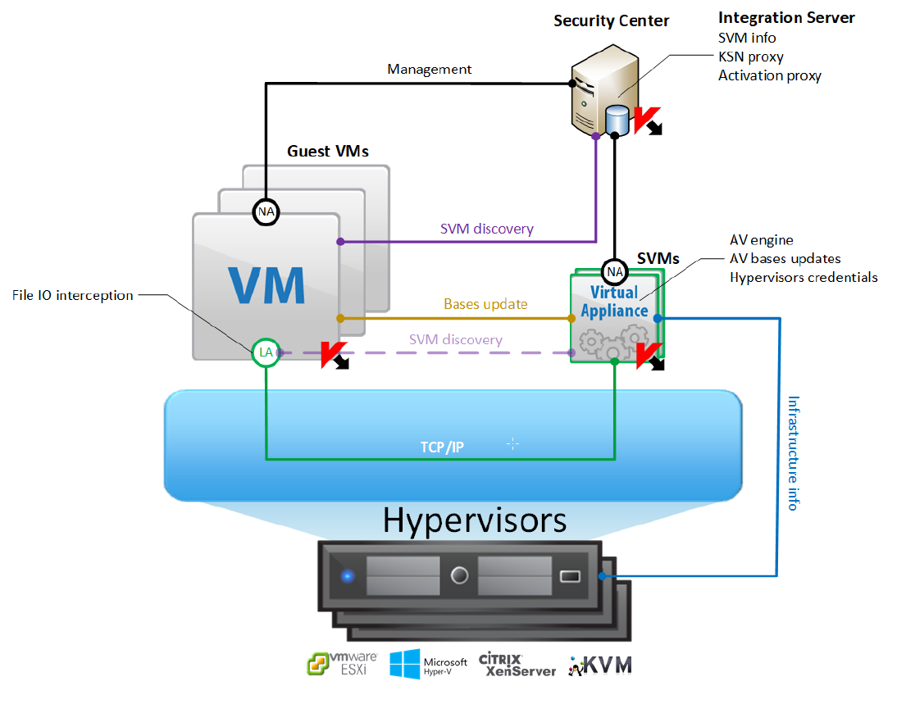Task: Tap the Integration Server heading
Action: point(786,17)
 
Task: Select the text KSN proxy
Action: point(750,57)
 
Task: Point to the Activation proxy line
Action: point(769,75)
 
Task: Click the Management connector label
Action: point(429,70)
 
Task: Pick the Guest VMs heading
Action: point(328,152)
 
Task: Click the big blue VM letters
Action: point(266,284)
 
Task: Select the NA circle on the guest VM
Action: point(266,212)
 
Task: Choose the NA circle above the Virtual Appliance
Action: point(614,270)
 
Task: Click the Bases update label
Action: point(485,305)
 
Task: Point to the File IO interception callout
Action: point(73,295)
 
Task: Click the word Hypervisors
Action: point(474,520)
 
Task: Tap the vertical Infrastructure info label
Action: point(793,452)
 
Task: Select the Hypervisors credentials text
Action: point(804,277)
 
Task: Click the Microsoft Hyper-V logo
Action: point(429,664)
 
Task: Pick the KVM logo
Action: point(601,664)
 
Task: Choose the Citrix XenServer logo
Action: point(517,664)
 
